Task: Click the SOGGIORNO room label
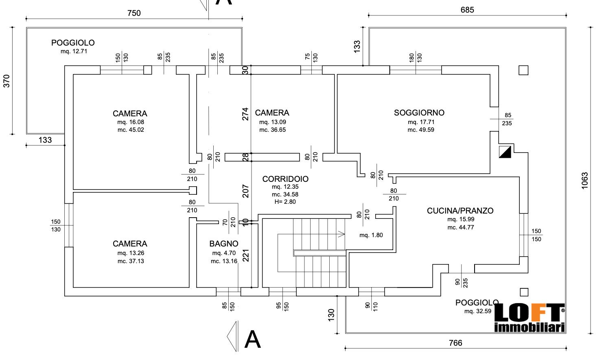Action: click(x=419, y=113)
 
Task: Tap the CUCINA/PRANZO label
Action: click(x=460, y=211)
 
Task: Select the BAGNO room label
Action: click(x=223, y=244)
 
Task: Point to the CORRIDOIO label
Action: click(x=285, y=179)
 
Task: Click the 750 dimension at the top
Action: click(x=134, y=13)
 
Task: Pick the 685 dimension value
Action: click(x=467, y=10)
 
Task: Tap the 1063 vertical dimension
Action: click(x=585, y=181)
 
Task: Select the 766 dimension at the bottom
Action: click(x=455, y=343)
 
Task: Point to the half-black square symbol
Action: click(x=505, y=152)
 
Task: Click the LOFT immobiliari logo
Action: click(x=529, y=318)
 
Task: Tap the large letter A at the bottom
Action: click(x=252, y=340)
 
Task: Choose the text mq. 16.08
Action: click(x=131, y=122)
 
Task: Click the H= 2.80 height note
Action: click(x=285, y=202)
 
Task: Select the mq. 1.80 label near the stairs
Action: click(x=371, y=235)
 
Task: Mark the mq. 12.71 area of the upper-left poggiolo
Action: click(x=74, y=51)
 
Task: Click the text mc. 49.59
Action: click(x=421, y=130)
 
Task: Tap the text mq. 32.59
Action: click(x=477, y=311)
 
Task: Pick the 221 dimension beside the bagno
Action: click(x=245, y=255)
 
